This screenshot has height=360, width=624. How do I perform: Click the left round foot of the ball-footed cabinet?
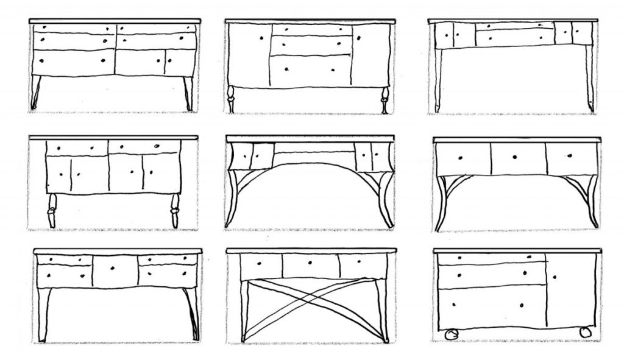point(452,333)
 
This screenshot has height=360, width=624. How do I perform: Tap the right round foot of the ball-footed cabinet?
point(585,332)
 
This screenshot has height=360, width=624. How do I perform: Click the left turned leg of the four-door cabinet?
point(51,211)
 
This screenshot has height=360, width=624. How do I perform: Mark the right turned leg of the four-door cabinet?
point(175,211)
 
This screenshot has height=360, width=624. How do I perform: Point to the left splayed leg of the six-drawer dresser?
point(36,93)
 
